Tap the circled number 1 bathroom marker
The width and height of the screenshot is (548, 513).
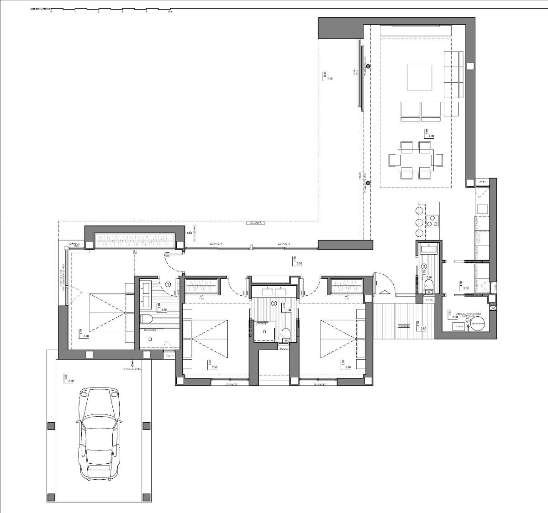(x=168, y=284)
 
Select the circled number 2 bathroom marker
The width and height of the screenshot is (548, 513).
(x=274, y=303)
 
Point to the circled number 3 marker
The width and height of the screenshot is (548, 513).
(x=424, y=266)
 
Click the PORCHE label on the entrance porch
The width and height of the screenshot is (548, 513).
(x=403, y=326)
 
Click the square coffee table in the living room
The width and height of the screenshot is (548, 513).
(x=420, y=77)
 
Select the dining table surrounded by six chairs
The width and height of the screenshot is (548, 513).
(x=415, y=160)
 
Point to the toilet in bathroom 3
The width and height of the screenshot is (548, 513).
(x=429, y=287)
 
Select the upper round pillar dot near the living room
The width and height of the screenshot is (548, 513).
(x=368, y=67)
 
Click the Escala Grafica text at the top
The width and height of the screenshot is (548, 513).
(x=41, y=9)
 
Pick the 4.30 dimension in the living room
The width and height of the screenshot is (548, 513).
(x=426, y=136)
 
